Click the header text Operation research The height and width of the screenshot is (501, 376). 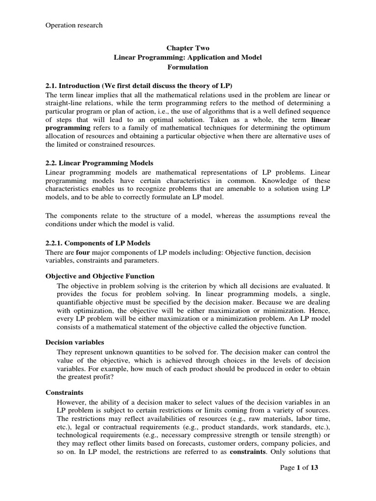click(74, 25)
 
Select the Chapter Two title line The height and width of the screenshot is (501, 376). click(188, 48)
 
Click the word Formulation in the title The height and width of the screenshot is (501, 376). click(188, 67)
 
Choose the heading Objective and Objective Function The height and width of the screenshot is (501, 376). click(100, 276)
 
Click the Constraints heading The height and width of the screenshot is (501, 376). click(65, 392)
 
